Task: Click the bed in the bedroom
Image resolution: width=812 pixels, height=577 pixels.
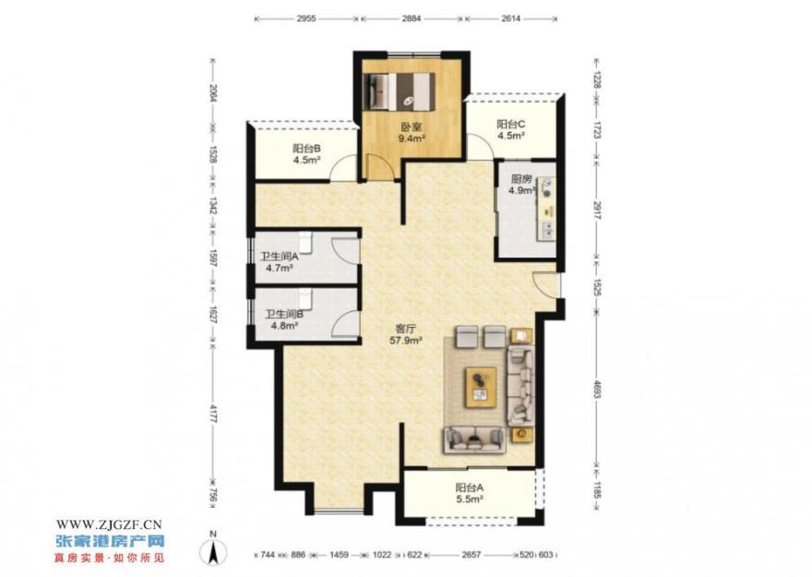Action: click(400, 91)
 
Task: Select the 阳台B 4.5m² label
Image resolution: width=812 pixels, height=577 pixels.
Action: click(306, 154)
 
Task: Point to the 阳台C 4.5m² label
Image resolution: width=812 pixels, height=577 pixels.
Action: click(511, 130)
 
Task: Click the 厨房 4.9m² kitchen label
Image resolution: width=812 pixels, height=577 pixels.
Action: click(521, 185)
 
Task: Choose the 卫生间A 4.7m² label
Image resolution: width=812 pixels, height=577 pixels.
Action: click(279, 262)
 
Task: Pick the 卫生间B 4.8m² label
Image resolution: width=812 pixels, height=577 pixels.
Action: click(284, 319)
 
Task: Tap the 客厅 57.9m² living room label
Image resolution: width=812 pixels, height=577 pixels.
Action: click(406, 334)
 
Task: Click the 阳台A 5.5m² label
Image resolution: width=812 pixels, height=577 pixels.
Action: click(469, 493)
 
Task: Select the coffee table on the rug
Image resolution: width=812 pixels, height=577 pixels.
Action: click(481, 388)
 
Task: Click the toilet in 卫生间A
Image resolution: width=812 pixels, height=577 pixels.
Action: click(305, 240)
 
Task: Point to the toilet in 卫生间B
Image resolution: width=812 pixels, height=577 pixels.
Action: click(305, 298)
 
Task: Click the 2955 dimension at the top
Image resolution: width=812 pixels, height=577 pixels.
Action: click(306, 18)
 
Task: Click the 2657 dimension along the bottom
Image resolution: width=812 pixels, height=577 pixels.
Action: click(472, 555)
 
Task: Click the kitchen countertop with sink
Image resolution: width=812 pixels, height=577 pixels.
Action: click(546, 209)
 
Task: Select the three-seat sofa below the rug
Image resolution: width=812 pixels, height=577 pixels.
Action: click(474, 440)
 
